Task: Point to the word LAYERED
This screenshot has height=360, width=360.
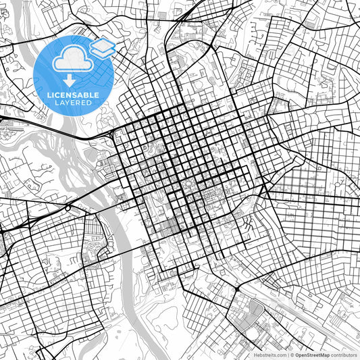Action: click(x=73, y=103)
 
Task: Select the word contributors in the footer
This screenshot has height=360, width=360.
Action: click(x=344, y=355)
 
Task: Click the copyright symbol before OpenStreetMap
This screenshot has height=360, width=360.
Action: click(x=290, y=355)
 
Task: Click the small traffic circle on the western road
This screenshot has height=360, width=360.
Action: click(x=68, y=209)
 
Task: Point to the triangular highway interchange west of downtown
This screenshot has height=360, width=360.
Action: click(x=108, y=136)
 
